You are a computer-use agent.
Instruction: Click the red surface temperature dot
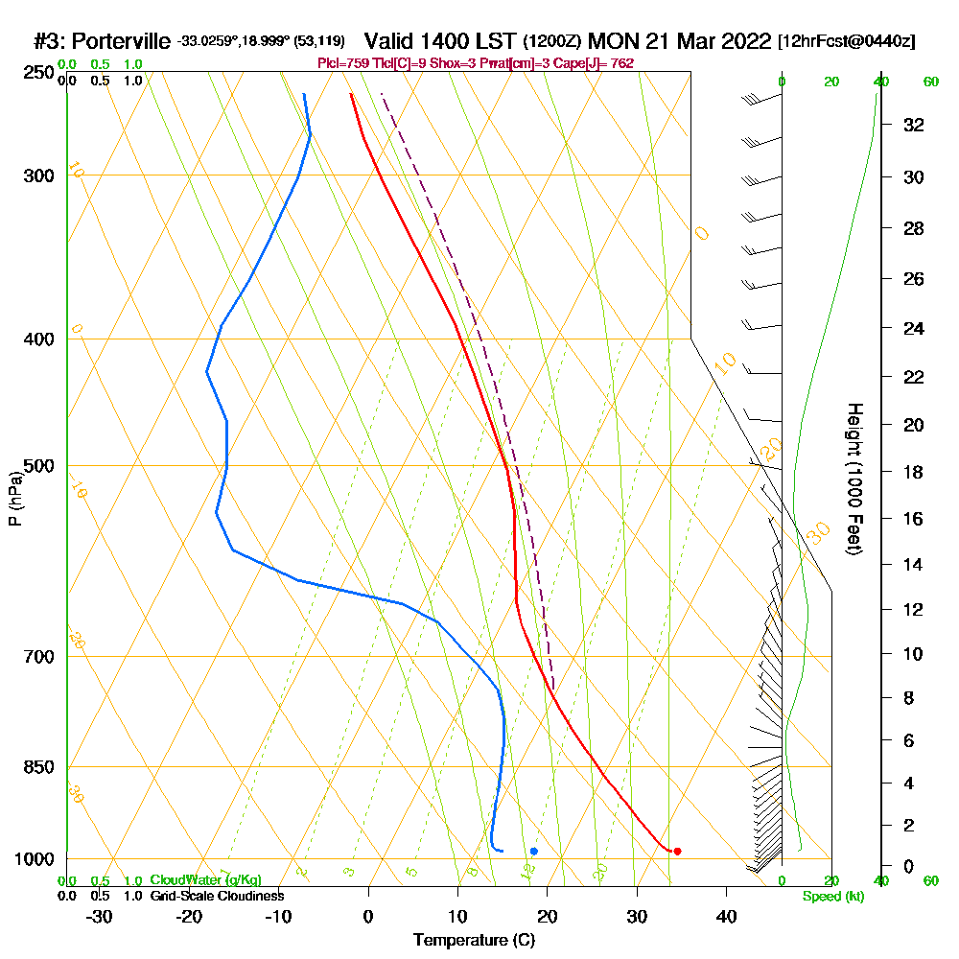(677, 851)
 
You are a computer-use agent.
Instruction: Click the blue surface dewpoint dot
(533, 851)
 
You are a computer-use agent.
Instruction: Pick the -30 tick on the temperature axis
(100, 916)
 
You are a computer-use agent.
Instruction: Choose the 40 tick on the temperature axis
(726, 916)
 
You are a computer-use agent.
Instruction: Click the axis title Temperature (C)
(474, 940)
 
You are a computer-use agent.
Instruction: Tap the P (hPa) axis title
(14, 498)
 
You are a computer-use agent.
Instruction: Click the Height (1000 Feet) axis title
(854, 479)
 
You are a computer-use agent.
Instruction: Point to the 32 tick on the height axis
(913, 125)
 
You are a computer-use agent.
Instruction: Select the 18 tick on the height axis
(913, 472)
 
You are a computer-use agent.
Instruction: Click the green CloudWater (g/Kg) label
(205, 880)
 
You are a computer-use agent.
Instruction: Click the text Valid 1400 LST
(440, 41)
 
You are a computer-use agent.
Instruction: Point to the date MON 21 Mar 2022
(679, 41)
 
